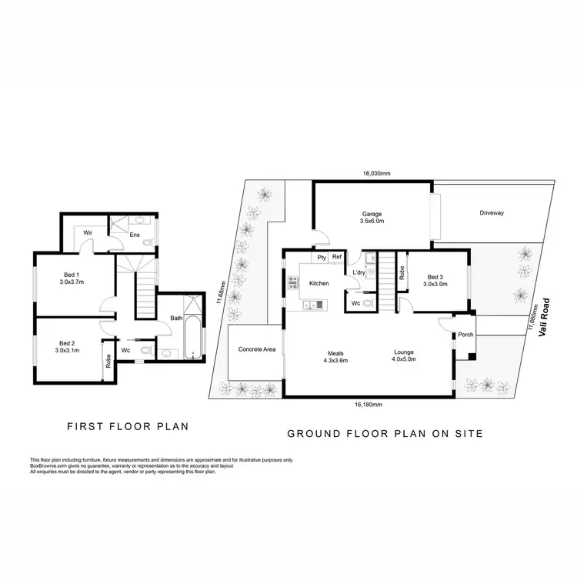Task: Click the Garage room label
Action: [372, 215]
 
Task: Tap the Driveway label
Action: [491, 213]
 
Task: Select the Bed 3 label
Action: [435, 277]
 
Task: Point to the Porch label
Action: [465, 335]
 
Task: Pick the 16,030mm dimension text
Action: [377, 174]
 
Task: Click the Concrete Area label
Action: [257, 350]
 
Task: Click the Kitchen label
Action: [319, 283]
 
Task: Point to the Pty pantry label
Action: [321, 258]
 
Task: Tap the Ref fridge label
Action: [337, 258]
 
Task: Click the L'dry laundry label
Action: [359, 273]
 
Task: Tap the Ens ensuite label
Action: [134, 235]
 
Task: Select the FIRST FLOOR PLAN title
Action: [128, 425]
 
